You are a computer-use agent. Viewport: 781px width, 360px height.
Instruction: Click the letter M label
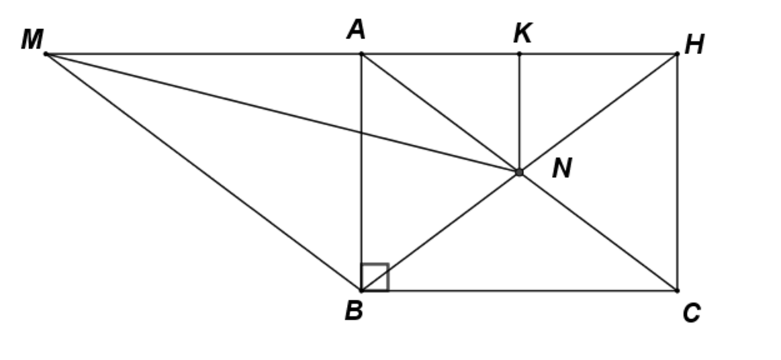[32, 39]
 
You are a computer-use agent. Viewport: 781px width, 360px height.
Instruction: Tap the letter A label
[355, 31]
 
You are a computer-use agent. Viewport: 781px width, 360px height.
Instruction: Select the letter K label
[522, 34]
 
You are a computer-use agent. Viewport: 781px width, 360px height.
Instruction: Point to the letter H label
[694, 45]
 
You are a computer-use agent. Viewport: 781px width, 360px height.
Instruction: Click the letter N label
[562, 169]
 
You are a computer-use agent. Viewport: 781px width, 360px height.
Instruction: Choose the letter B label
[353, 311]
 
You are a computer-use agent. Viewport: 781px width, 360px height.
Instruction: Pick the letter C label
[691, 313]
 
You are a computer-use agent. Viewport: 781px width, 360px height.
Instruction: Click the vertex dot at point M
[46, 54]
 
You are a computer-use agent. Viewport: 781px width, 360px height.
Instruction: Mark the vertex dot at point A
[362, 54]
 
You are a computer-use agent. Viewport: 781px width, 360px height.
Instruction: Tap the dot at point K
[519, 54]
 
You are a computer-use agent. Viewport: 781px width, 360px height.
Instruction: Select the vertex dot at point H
[677, 54]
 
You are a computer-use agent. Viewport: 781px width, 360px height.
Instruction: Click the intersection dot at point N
[519, 172]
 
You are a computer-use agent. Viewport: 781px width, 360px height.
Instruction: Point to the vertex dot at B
[362, 291]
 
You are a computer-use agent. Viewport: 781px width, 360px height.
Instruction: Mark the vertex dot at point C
[677, 291]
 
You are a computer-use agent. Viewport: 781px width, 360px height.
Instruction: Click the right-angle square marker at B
[375, 277]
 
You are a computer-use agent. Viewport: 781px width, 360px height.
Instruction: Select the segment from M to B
[204, 172]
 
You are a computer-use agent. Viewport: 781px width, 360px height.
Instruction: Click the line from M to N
[282, 113]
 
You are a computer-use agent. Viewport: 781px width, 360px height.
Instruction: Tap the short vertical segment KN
[519, 113]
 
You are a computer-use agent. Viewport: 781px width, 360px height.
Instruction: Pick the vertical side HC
[677, 172]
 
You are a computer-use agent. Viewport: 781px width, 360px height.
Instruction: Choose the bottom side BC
[519, 291]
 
